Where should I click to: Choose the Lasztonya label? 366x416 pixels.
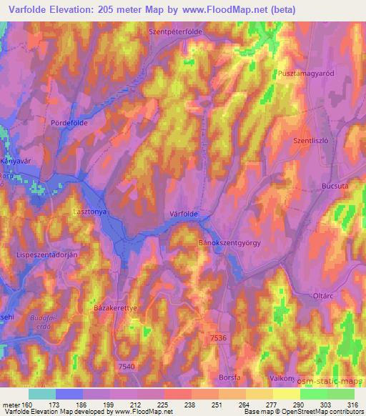coord(90,212)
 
